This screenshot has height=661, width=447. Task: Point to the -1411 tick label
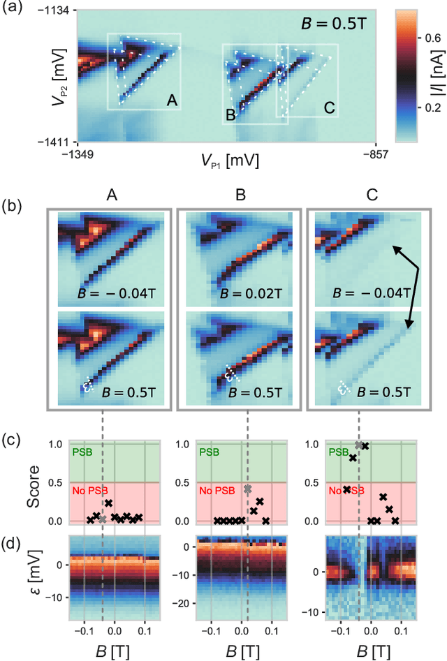tap(52, 142)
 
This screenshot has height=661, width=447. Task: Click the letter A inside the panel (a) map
tap(171, 101)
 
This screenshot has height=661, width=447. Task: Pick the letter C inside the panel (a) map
tap(329, 108)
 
